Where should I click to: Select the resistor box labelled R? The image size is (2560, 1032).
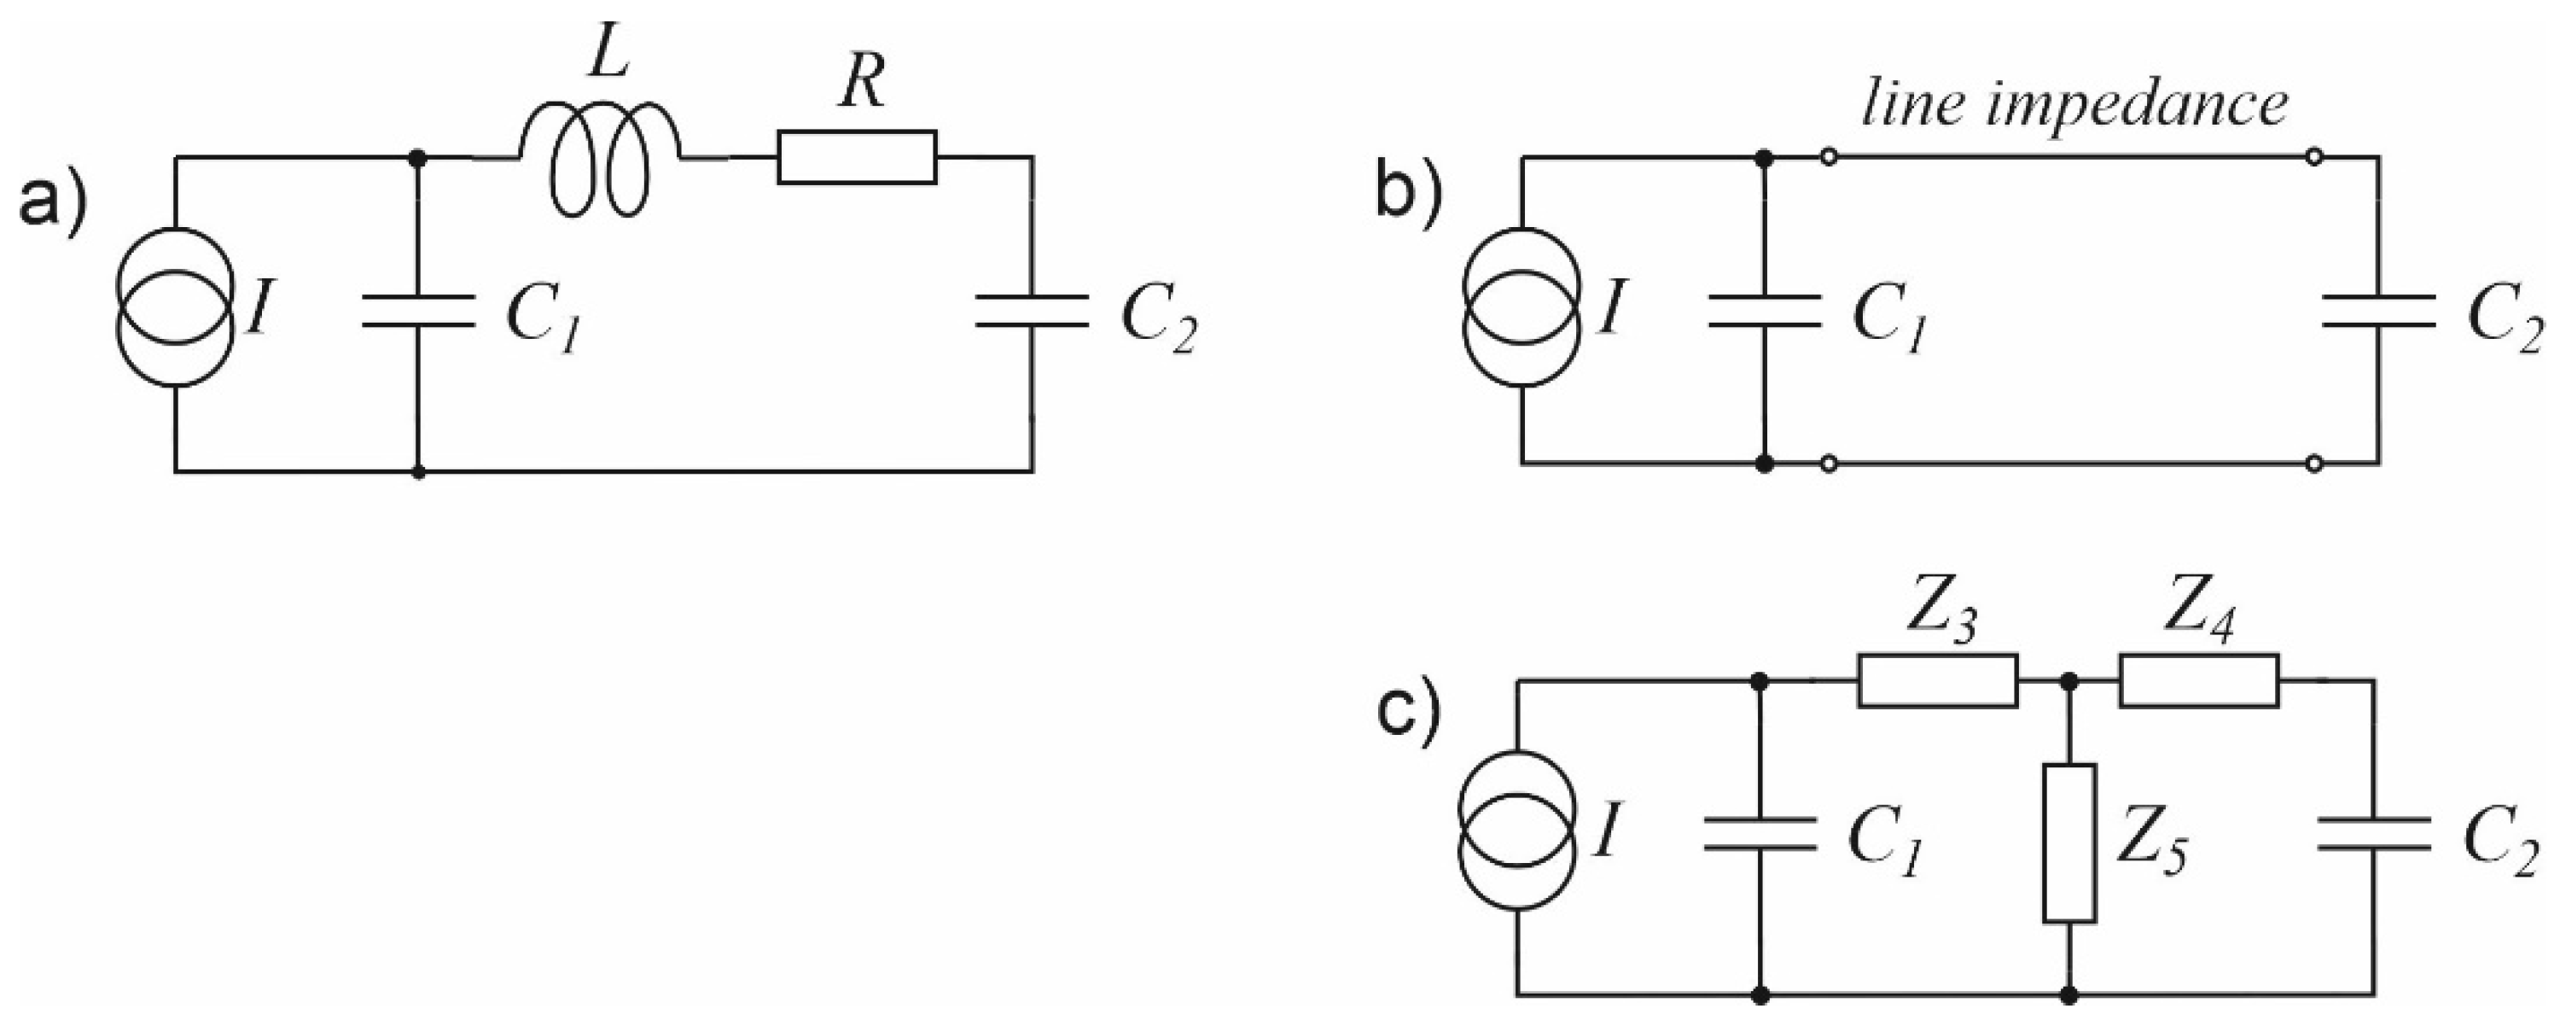(857, 157)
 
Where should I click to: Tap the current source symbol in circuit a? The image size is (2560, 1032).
(176, 312)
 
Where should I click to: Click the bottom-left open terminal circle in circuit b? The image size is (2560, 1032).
(1827, 464)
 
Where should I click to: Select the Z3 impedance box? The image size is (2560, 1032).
(1938, 681)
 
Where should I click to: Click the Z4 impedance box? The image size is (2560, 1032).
(2198, 681)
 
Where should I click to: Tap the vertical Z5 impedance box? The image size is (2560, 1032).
(2070, 843)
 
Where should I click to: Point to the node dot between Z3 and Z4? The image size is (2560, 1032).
(2070, 681)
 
